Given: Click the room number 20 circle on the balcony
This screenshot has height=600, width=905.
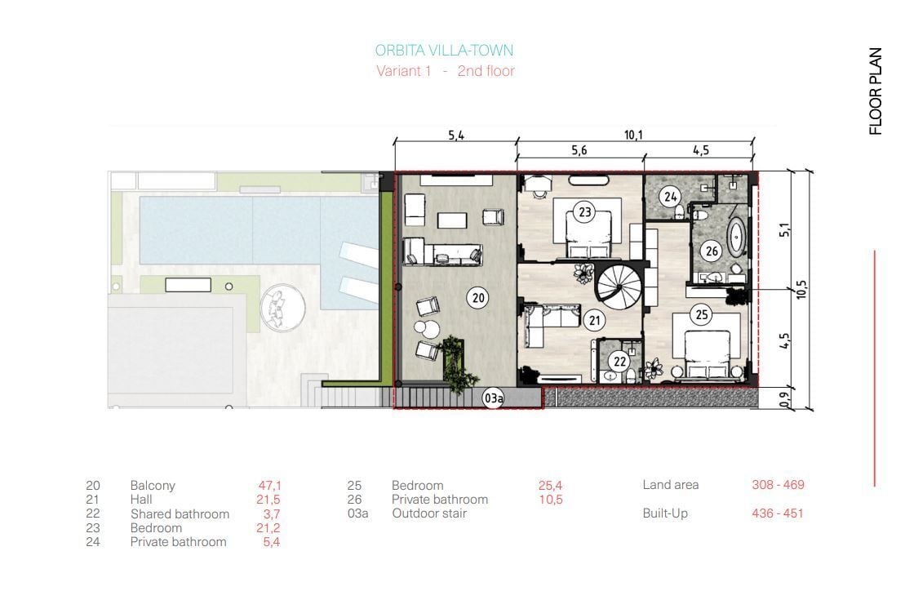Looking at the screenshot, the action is (x=478, y=298).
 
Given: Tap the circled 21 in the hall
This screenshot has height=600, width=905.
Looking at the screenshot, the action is (x=594, y=320).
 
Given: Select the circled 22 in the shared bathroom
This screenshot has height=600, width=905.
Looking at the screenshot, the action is (x=619, y=362).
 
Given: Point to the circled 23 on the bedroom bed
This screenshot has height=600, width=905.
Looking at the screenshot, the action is (x=584, y=212).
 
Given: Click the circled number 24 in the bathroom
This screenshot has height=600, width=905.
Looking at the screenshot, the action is (x=669, y=197).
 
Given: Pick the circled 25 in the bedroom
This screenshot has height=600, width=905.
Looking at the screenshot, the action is (x=701, y=315).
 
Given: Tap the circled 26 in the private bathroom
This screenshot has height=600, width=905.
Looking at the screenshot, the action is (x=712, y=251).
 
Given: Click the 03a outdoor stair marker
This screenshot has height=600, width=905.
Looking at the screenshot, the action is (x=493, y=398).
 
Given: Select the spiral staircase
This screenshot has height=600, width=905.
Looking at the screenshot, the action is (x=619, y=286).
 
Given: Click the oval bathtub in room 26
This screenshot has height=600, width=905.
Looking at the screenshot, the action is (x=736, y=237).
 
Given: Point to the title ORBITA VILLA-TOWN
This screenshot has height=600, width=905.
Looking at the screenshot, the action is (x=444, y=51).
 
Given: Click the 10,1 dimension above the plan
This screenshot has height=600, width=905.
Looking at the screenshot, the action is (x=633, y=136).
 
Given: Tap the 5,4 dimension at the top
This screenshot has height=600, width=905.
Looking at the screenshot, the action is (x=456, y=136).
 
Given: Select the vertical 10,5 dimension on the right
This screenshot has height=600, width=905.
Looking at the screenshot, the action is (x=801, y=289).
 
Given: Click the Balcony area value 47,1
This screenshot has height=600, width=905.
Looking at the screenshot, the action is (x=269, y=486).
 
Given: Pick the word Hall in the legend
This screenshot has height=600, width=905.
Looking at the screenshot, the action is (x=141, y=500).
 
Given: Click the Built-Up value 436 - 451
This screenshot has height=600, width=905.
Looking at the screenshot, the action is (x=778, y=513).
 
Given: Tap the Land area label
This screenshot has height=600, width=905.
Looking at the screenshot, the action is (x=671, y=485).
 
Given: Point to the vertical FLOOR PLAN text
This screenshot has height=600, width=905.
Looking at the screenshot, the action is (x=876, y=91).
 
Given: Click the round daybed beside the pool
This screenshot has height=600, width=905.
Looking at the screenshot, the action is (x=282, y=308).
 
